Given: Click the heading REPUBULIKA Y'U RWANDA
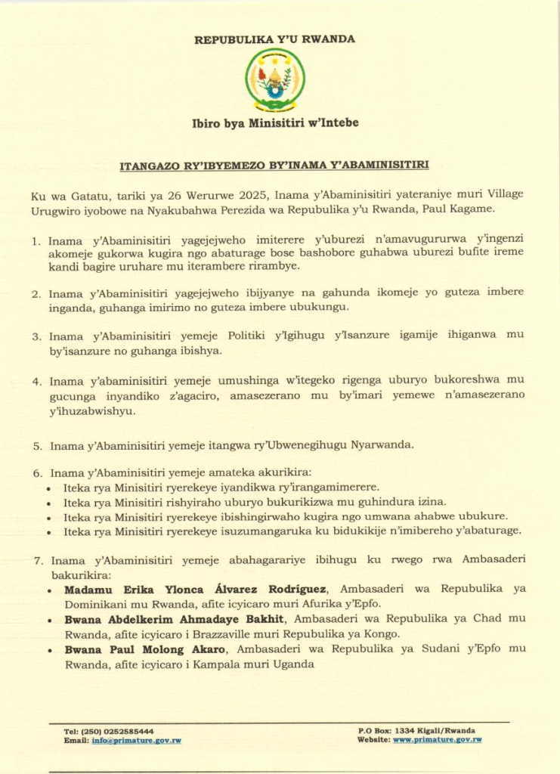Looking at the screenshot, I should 275,39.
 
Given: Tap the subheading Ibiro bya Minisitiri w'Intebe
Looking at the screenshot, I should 275,123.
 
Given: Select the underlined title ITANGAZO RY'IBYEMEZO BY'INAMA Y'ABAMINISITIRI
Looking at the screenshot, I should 280,164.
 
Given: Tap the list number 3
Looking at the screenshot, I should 36,335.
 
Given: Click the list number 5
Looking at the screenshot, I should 36,445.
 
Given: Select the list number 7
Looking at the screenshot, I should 36,561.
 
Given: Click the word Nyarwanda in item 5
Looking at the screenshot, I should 382,445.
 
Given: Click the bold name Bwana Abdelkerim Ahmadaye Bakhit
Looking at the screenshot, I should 174,619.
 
